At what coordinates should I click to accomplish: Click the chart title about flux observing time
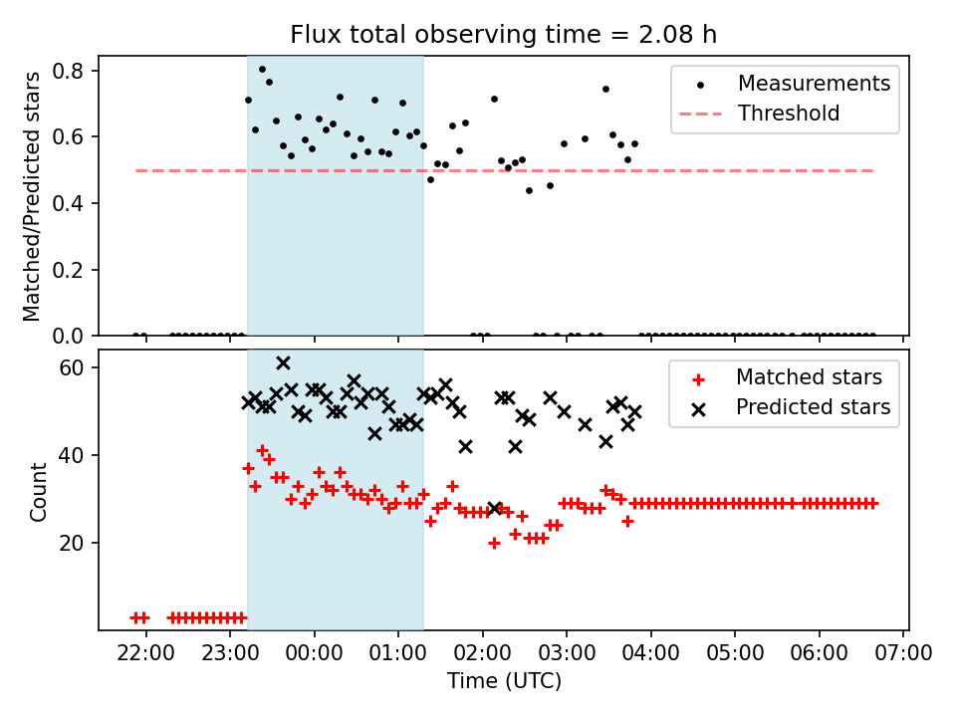503,35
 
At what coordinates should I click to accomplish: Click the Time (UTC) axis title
503,681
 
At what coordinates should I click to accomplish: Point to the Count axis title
39,492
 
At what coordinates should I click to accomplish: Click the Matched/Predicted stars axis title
33,196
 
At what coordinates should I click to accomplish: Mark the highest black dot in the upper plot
262,70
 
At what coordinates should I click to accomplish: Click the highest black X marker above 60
283,362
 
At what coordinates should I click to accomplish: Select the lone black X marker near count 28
494,508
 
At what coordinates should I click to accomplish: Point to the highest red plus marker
262,450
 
